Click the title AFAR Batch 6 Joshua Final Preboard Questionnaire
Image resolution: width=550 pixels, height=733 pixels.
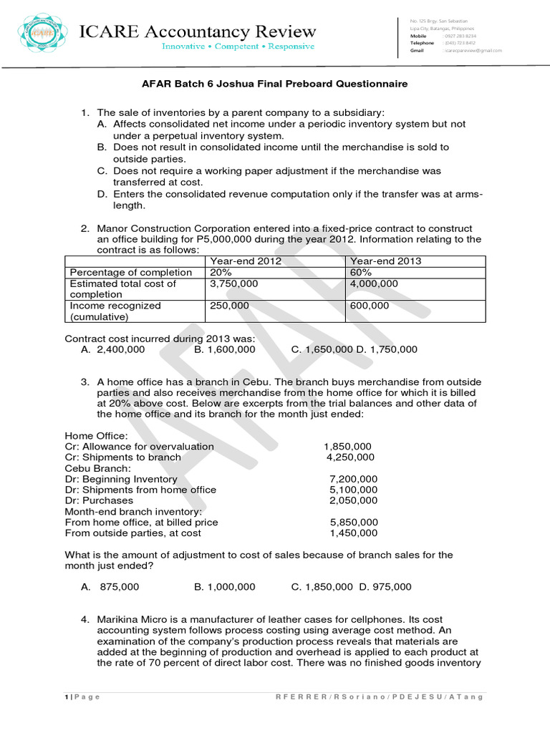274,84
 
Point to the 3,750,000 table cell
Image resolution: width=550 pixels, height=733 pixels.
233,284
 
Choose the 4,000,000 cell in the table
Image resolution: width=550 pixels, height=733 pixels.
374,284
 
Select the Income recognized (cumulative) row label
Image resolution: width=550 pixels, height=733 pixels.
115,311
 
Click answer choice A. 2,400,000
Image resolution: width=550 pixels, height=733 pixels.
113,349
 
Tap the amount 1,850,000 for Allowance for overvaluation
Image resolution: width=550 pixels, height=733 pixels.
347,447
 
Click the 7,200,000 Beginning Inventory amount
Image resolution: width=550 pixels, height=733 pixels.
353,479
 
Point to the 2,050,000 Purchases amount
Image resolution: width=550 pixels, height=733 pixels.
353,500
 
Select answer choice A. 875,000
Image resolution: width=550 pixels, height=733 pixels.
110,587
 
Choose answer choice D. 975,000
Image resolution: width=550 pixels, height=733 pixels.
385,587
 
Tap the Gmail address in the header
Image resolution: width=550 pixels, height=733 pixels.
473,51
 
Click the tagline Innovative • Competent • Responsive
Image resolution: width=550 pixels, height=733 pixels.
238,47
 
